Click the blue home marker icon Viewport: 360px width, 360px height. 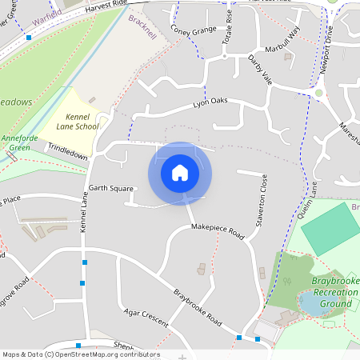tap(180, 174)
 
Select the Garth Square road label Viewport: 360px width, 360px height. tap(110, 190)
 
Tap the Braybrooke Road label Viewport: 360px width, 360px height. tap(198, 306)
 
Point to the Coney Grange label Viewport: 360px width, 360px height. tap(193, 30)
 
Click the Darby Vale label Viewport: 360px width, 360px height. tap(260, 70)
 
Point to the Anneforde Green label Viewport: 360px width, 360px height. tap(14, 142)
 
